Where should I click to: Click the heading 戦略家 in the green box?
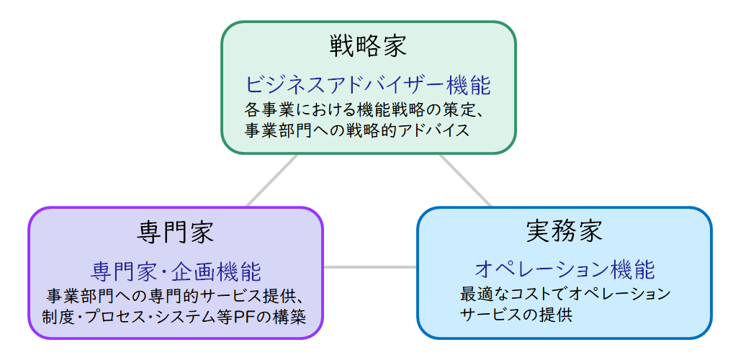[x=369, y=46]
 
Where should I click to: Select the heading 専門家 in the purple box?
[x=176, y=233]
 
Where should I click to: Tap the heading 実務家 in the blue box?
[x=564, y=231]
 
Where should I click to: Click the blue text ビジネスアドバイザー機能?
[x=369, y=86]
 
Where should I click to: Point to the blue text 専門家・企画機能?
[x=176, y=272]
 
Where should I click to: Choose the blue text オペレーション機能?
[x=564, y=270]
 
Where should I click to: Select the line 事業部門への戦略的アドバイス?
[x=357, y=130]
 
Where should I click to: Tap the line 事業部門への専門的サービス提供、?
[x=176, y=295]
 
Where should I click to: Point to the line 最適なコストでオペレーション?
[x=565, y=294]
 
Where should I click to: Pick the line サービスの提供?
[x=516, y=315]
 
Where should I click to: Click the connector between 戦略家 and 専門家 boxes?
[x=272, y=180]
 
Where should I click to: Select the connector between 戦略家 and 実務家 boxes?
[x=465, y=180]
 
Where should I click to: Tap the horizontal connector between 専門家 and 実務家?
[x=370, y=267]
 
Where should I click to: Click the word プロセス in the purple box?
[x=122, y=317]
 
